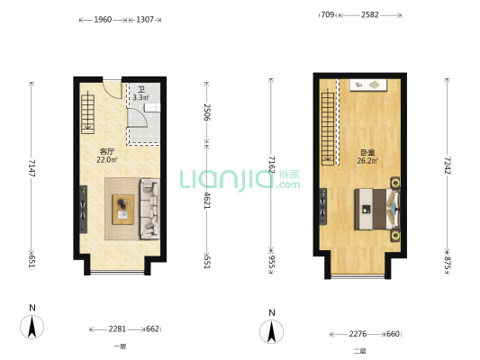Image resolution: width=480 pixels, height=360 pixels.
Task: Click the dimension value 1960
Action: coord(103,20)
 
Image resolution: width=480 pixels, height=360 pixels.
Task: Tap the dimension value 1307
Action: coord(144,20)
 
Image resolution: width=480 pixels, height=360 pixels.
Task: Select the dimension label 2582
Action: coord(370,14)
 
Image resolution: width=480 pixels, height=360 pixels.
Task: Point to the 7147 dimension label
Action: coord(32,168)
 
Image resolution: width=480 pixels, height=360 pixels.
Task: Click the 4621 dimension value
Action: coord(207,201)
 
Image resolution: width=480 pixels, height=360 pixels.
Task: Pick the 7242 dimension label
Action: coord(448,166)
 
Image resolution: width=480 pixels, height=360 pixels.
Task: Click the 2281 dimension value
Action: coord(117,329)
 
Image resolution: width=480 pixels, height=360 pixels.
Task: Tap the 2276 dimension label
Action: coord(358,334)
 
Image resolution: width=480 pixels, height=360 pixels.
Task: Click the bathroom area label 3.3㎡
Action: coord(141,97)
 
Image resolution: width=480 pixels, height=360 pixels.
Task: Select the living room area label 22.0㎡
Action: coord(107,159)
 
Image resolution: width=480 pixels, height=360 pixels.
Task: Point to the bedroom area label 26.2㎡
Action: coord(367,160)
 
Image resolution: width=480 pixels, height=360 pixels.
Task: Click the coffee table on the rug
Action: coord(123,210)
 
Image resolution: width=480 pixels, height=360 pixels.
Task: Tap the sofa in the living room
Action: coord(149,209)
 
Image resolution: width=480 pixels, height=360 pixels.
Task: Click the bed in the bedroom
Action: coord(377,209)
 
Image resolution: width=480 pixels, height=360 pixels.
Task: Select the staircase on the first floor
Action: coord(88,113)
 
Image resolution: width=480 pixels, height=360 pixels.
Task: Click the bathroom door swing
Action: coord(138,118)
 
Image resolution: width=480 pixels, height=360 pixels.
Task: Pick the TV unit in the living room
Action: coord(83,210)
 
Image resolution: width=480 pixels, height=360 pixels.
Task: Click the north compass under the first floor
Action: coord(32,327)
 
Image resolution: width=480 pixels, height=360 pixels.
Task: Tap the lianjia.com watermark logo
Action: coord(240,181)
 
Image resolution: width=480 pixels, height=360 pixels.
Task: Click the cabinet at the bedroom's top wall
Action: coord(368,85)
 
